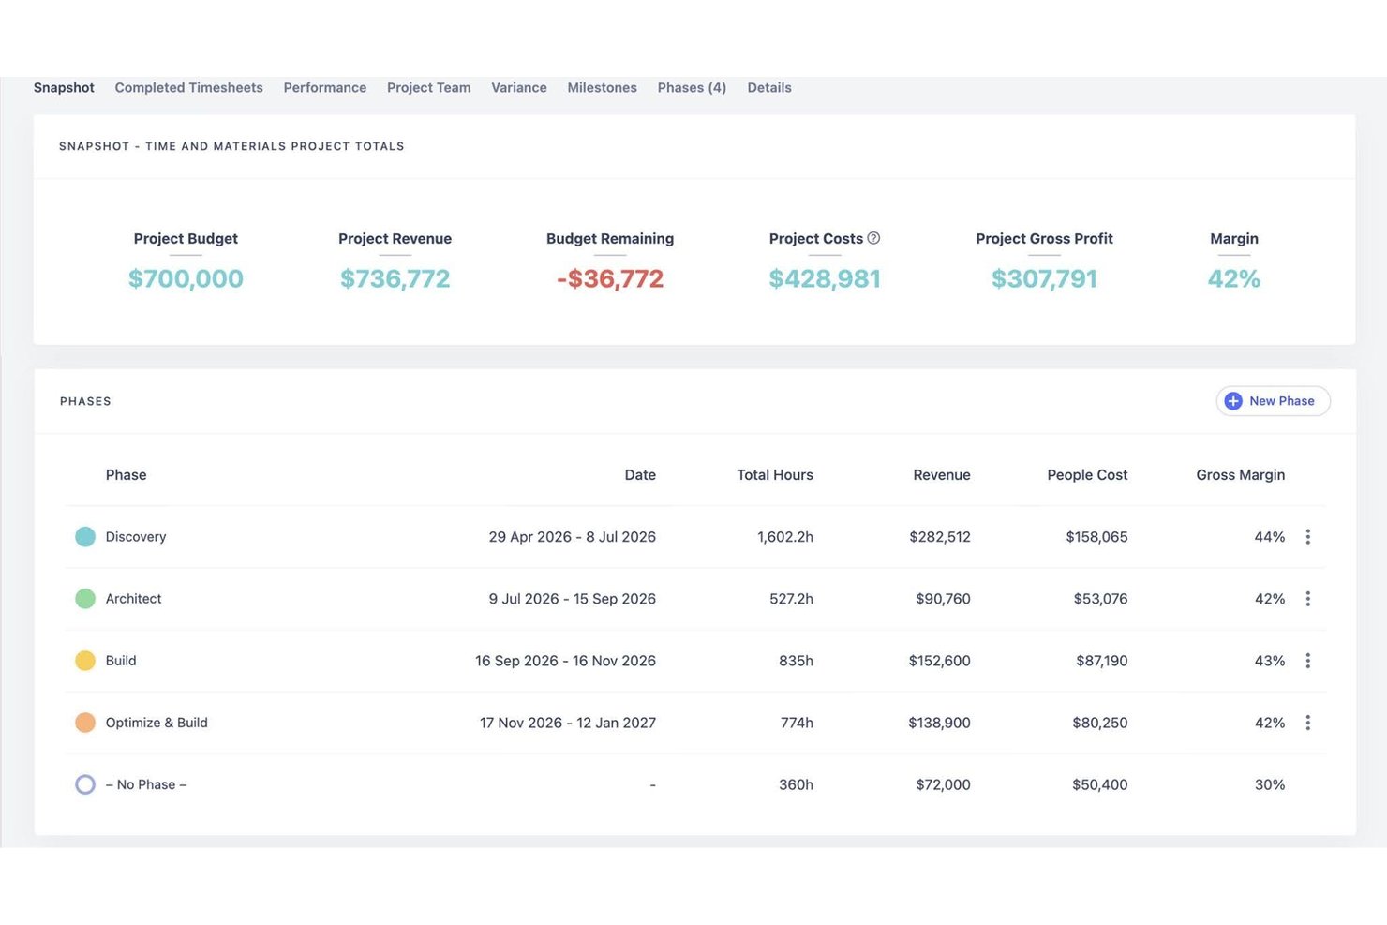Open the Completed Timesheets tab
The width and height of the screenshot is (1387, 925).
pos(189,88)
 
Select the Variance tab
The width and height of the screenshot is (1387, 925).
pos(519,88)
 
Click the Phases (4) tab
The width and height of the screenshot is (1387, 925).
pos(692,88)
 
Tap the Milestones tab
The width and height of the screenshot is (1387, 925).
pos(602,88)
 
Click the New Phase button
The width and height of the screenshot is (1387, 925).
pos(1273,401)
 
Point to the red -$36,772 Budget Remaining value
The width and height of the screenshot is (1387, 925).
pos(610,278)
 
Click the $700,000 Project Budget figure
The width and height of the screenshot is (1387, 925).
pos(186,278)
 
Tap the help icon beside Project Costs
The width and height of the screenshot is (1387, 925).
pos(873,238)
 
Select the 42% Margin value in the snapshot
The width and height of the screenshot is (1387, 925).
pos(1234,278)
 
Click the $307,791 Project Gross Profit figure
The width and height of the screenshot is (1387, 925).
pos(1045,278)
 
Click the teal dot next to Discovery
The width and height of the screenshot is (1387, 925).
pos(85,536)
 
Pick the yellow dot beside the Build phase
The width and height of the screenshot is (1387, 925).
pos(85,660)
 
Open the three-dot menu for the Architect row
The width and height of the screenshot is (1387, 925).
pos(1307,598)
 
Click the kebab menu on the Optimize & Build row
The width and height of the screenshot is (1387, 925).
pos(1307,722)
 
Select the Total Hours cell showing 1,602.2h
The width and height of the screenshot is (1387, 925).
pos(785,537)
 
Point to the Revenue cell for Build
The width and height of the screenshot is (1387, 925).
pos(939,661)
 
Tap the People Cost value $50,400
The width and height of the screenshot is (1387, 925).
pos(1099,784)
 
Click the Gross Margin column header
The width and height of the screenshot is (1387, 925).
pos(1240,475)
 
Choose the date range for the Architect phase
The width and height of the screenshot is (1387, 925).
pos(572,599)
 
